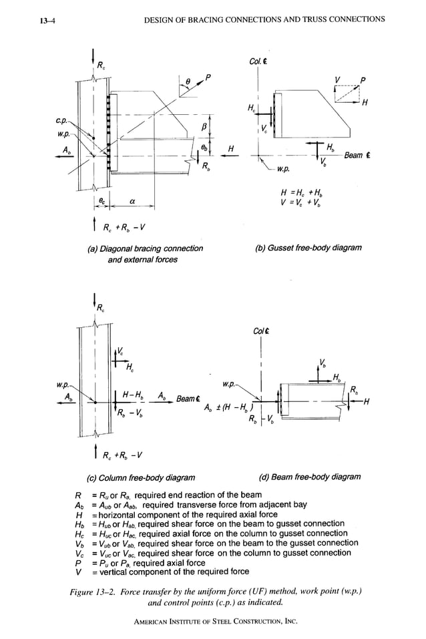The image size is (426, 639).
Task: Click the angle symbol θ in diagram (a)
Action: pos(189,83)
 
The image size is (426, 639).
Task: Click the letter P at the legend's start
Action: pos(79,562)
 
